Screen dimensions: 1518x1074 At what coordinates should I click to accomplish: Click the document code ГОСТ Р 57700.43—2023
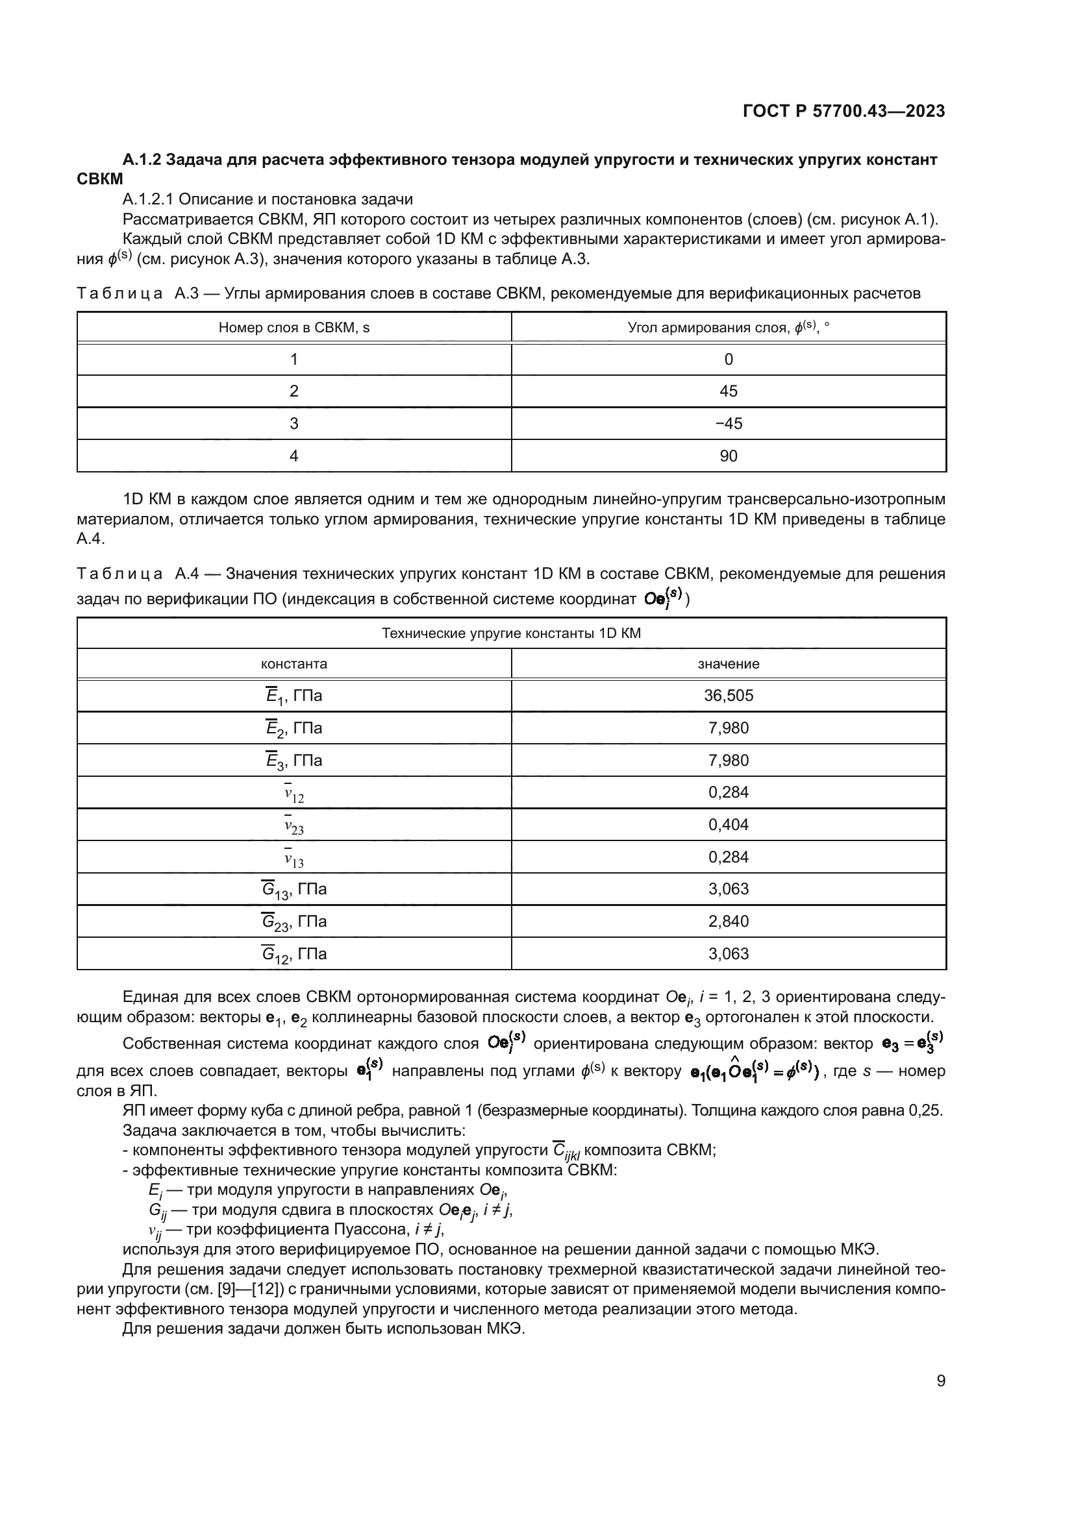click(x=843, y=111)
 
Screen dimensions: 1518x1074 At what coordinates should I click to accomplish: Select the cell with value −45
click(x=728, y=423)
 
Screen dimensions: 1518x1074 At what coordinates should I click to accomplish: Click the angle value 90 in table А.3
click(x=728, y=456)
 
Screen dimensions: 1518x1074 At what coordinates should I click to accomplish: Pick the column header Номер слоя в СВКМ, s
click(x=293, y=327)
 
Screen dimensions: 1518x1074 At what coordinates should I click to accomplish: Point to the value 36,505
click(x=728, y=696)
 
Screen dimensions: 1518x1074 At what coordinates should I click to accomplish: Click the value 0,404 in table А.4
click(x=728, y=824)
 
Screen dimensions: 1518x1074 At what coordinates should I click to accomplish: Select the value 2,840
click(x=728, y=921)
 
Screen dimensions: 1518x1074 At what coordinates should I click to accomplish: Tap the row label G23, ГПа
click(x=293, y=922)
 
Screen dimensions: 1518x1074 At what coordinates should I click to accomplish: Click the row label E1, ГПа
click(x=293, y=696)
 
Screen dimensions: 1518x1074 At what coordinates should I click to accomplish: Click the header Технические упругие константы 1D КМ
click(x=511, y=633)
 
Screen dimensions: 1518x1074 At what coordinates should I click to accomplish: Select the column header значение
click(x=728, y=664)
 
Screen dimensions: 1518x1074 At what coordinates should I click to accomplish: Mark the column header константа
click(x=293, y=664)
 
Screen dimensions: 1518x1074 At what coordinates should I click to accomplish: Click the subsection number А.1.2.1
click(x=147, y=199)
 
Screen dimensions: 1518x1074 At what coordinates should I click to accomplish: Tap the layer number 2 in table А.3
click(x=293, y=391)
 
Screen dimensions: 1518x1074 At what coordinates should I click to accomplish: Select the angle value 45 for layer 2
click(x=728, y=391)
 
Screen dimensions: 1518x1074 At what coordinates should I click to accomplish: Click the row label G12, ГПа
click(x=293, y=954)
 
